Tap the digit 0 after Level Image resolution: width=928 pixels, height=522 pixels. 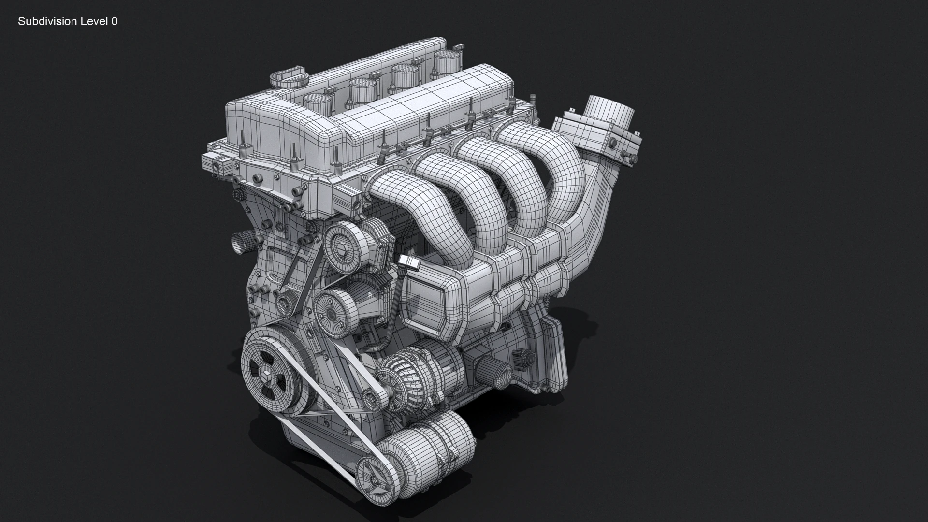click(114, 21)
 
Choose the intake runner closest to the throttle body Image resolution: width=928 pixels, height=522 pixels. click(546, 164)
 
